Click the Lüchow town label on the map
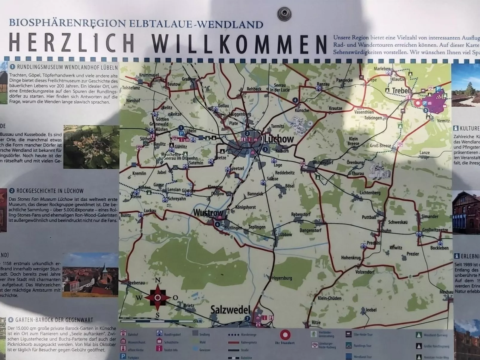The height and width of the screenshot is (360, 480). [x=279, y=139]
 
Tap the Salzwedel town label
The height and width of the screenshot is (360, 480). [x=230, y=310]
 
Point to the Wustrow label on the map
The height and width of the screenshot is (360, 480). [x=208, y=213]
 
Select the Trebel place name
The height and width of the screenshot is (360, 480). [x=400, y=91]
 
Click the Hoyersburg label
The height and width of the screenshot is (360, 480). [x=282, y=278]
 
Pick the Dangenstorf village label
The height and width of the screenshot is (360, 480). [x=310, y=230]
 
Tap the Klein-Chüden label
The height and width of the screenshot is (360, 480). [x=329, y=298]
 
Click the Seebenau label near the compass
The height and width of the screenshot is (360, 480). [x=136, y=283]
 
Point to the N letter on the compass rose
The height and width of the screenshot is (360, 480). [x=158, y=280]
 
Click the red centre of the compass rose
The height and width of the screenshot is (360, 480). [x=158, y=298]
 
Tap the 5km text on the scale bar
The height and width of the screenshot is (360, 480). [x=198, y=321]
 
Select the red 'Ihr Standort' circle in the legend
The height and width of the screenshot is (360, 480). [x=285, y=335]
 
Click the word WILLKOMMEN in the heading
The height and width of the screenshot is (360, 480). [x=239, y=44]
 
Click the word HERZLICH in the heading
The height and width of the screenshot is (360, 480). [x=72, y=42]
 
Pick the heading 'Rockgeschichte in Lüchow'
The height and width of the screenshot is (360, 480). [x=50, y=191]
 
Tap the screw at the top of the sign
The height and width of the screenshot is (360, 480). [x=284, y=13]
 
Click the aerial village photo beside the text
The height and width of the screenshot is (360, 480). [x=91, y=147]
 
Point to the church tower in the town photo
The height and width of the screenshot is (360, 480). [x=105, y=270]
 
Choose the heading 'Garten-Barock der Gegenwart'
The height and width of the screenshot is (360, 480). [x=54, y=320]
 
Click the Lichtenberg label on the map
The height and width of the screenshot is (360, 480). [x=370, y=193]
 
